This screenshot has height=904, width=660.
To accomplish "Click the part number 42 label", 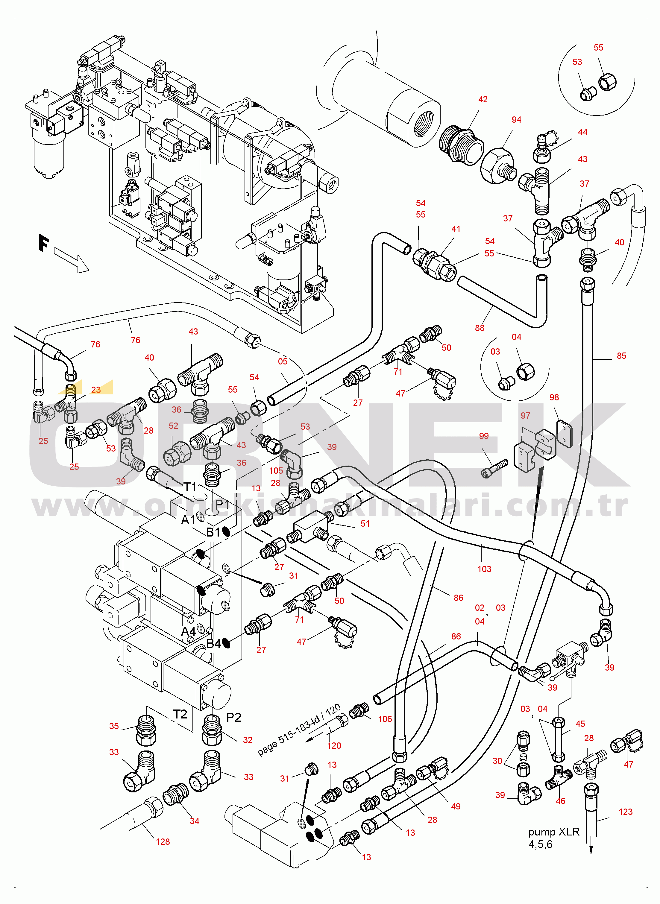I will tap(483, 99).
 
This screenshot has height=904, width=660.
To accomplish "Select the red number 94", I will tap(516, 120).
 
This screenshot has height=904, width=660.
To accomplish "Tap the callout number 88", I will tap(480, 328).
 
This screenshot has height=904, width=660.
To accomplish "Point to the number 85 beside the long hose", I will tap(621, 356).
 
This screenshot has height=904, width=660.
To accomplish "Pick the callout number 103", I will tap(484, 569).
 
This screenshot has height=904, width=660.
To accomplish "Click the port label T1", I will tap(190, 487).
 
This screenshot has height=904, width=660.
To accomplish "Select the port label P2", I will tap(234, 718).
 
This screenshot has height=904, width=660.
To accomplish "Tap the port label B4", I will tap(214, 643).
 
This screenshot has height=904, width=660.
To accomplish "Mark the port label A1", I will tap(188, 520).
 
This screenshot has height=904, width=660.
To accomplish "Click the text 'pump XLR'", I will tap(554, 832).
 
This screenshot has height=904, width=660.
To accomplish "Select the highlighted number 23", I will tap(96, 390).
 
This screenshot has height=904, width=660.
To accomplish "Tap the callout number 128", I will tap(163, 842).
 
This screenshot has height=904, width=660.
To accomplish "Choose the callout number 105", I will tap(276, 471).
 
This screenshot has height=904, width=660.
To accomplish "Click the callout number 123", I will tap(625, 812).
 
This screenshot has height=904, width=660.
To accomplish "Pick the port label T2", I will tap(180, 714).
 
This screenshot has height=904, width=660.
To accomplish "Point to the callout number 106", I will tap(385, 719).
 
